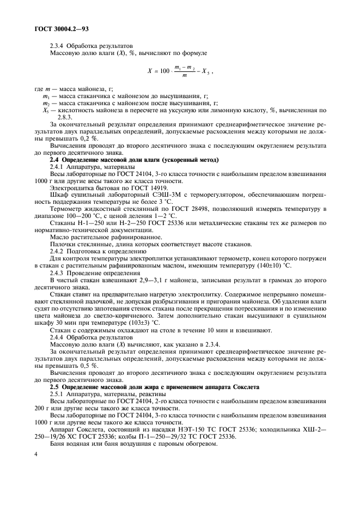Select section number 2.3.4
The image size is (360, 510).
pyautogui.click(x=59, y=46)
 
